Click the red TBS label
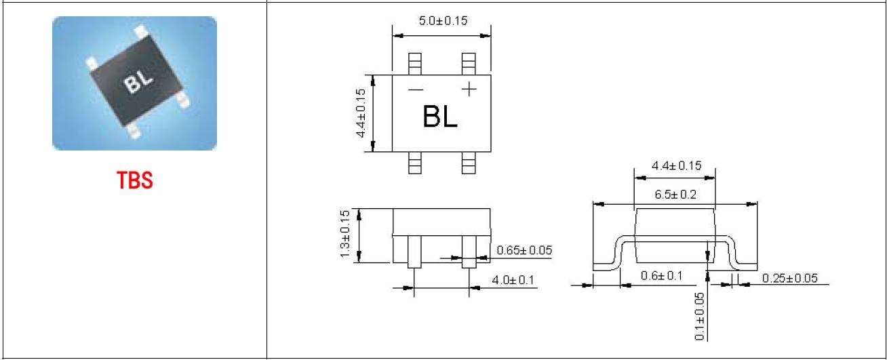click(135, 180)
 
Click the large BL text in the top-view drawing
click(440, 117)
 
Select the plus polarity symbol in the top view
click(469, 89)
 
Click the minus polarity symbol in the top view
click(416, 89)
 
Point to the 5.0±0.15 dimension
click(443, 20)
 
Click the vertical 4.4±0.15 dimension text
click(361, 113)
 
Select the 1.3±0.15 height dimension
click(345, 234)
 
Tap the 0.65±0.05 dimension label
click(524, 250)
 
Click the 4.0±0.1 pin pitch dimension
click(513, 280)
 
